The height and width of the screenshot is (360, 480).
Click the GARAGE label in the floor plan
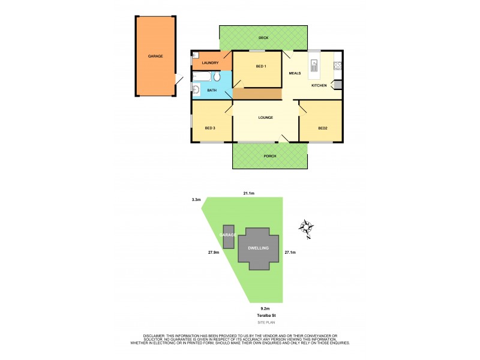155,56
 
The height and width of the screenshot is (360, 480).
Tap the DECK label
263,38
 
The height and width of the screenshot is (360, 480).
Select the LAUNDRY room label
210,63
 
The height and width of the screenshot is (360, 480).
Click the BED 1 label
260,66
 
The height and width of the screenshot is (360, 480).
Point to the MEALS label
295,73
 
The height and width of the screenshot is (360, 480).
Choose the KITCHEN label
319,86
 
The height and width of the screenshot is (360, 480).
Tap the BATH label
212,91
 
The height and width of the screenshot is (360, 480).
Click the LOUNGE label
266,118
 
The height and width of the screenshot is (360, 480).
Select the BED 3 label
209,128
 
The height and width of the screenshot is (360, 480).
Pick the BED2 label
323,128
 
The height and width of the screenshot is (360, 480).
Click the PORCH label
269,157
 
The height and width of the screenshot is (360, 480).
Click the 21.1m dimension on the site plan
248,193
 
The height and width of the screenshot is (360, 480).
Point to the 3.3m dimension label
195,199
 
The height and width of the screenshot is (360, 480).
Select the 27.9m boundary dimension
213,253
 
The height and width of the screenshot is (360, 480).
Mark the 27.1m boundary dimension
290,253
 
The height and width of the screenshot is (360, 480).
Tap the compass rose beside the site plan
307,228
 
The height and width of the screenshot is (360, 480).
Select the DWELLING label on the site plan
259,248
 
